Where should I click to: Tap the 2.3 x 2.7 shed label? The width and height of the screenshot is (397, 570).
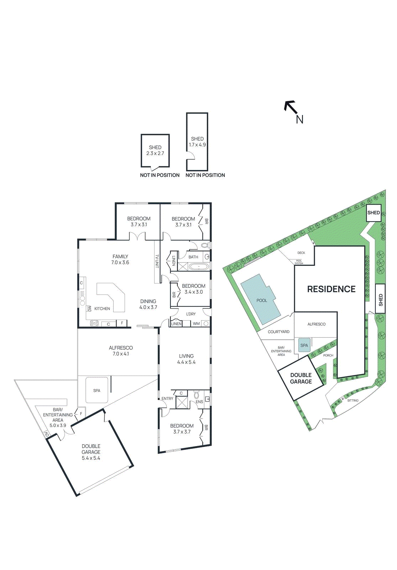point(155,150)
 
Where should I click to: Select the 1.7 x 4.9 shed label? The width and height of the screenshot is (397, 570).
point(197,142)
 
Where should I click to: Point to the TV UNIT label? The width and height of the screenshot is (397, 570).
point(157,261)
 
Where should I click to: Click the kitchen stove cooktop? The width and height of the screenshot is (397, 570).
point(94,323)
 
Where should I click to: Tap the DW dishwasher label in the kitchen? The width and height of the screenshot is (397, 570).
point(90,309)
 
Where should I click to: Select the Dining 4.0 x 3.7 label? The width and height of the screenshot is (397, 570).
point(148,304)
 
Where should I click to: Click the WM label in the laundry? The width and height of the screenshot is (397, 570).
point(196,324)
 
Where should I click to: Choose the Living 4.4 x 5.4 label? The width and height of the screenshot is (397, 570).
point(186,359)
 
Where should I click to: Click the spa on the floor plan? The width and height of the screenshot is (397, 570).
point(97,390)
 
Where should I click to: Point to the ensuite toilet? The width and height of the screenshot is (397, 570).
point(197,395)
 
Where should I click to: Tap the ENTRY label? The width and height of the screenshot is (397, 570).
point(167,399)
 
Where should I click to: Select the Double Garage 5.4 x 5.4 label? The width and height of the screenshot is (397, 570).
point(91,452)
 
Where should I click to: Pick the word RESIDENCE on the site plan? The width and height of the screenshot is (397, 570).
point(331,289)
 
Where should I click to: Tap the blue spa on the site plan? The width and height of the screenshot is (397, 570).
point(304,345)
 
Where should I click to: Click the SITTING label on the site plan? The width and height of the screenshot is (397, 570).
point(353,400)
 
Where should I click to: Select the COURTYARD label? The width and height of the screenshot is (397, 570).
point(278,332)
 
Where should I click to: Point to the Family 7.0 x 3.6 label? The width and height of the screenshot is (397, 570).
point(120,259)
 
